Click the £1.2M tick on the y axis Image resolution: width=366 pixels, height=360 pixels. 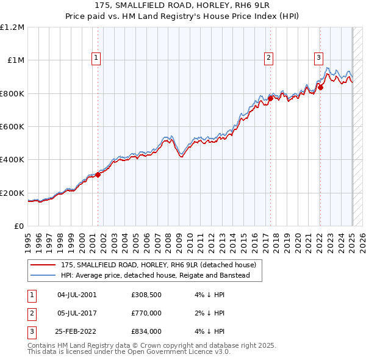coord(12,27)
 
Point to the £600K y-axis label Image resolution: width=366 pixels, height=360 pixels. coord(12,127)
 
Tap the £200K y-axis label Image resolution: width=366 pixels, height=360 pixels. coord(12,193)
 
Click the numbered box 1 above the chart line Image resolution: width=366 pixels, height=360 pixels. coord(96,58)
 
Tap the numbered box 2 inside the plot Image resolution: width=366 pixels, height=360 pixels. coord(268,58)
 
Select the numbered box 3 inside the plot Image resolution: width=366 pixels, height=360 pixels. coord(318,58)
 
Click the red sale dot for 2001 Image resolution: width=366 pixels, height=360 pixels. coord(98,175)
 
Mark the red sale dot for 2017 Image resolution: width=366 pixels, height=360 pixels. coord(270,98)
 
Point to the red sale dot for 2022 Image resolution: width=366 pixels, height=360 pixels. coord(320,88)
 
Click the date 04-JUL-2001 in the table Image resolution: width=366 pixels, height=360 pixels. coord(77,295)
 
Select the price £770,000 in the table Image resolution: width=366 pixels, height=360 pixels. coord(146,313)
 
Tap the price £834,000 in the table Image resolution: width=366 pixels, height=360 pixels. coord(146,331)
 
